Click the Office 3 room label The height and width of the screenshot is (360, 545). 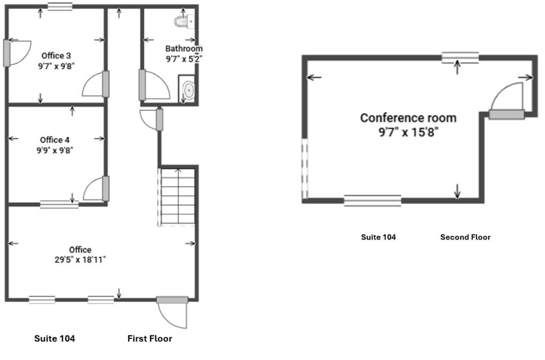coord(53,55)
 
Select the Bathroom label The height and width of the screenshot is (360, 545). coord(184,49)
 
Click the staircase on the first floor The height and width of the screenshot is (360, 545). coord(177,196)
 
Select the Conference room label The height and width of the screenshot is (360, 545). coord(408,118)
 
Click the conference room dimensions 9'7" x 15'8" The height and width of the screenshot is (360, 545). coord(408,132)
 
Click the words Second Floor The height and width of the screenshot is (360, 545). coord(465,237)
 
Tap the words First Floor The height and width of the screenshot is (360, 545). coord(149,339)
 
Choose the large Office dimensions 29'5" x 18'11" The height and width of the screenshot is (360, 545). coord(81,260)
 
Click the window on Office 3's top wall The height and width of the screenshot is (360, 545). coord(60,7)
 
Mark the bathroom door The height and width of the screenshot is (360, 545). coord(150,85)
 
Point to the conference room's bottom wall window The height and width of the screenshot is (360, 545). coord(372,200)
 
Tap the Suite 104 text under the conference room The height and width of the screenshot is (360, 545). coord(378,237)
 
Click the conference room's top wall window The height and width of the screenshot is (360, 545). coord(460,57)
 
